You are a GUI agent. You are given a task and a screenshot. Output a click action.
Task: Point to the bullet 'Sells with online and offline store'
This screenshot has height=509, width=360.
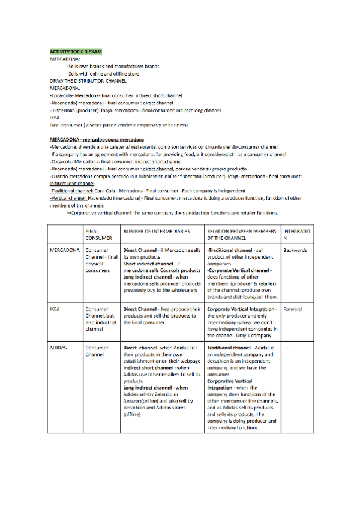pyautogui.click(x=103, y=73)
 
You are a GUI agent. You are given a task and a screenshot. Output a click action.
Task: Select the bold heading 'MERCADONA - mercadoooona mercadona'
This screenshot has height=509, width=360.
pyautogui.click(x=97, y=139)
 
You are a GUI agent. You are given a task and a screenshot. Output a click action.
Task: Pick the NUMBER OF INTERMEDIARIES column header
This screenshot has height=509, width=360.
pyautogui.click(x=157, y=230)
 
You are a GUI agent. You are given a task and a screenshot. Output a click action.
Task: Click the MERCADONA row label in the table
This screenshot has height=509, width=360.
pyautogui.click(x=65, y=249)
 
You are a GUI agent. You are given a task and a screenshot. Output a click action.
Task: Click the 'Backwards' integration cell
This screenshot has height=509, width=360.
pyautogui.click(x=295, y=249)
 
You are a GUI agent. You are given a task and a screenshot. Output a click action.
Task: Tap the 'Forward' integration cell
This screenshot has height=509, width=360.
pyautogui.click(x=292, y=309)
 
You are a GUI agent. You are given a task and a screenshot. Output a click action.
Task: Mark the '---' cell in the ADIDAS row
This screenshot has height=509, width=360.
pyautogui.click(x=286, y=348)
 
